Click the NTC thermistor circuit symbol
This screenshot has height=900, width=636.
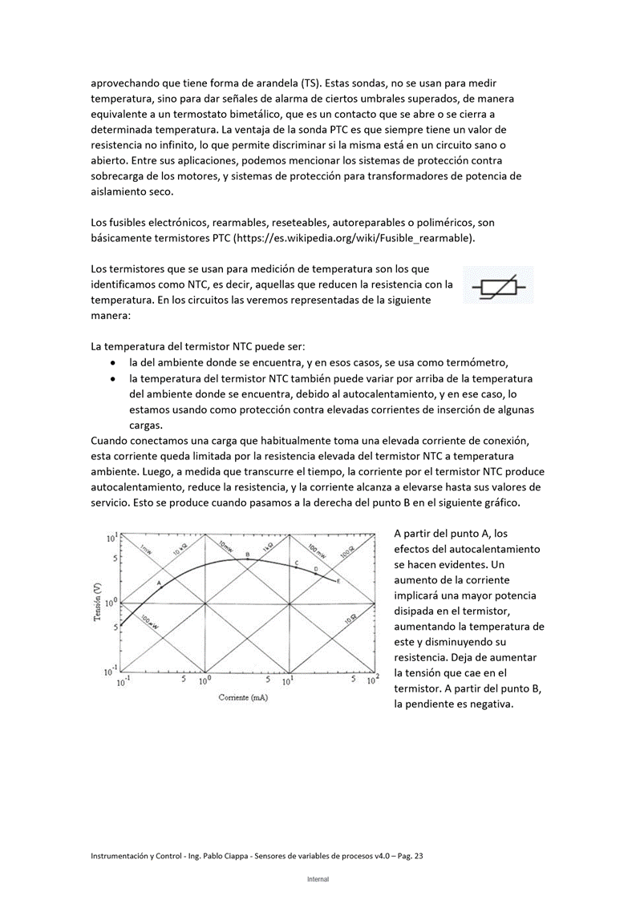pyautogui.click(x=498, y=285)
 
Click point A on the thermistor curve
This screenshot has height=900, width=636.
pyautogui.click(x=160, y=582)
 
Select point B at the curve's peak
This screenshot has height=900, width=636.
pyautogui.click(x=248, y=555)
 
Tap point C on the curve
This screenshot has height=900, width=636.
pyautogui.click(x=298, y=563)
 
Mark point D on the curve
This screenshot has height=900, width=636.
pyautogui.click(x=316, y=570)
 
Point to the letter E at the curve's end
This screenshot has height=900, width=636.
pyautogui.click(x=338, y=580)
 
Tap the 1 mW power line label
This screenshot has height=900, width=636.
pyautogui.click(x=146, y=549)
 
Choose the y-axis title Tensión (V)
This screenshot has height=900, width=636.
pyautogui.click(x=97, y=602)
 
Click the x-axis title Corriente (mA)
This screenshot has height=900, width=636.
pyautogui.click(x=243, y=697)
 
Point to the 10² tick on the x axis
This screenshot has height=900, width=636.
pyautogui.click(x=372, y=681)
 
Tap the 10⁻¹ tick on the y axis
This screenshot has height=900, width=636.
pyautogui.click(x=111, y=670)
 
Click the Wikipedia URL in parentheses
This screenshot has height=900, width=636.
pyautogui.click(x=350, y=238)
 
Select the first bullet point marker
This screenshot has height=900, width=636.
pyautogui.click(x=112, y=362)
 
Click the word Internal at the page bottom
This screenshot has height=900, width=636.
pyautogui.click(x=318, y=879)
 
